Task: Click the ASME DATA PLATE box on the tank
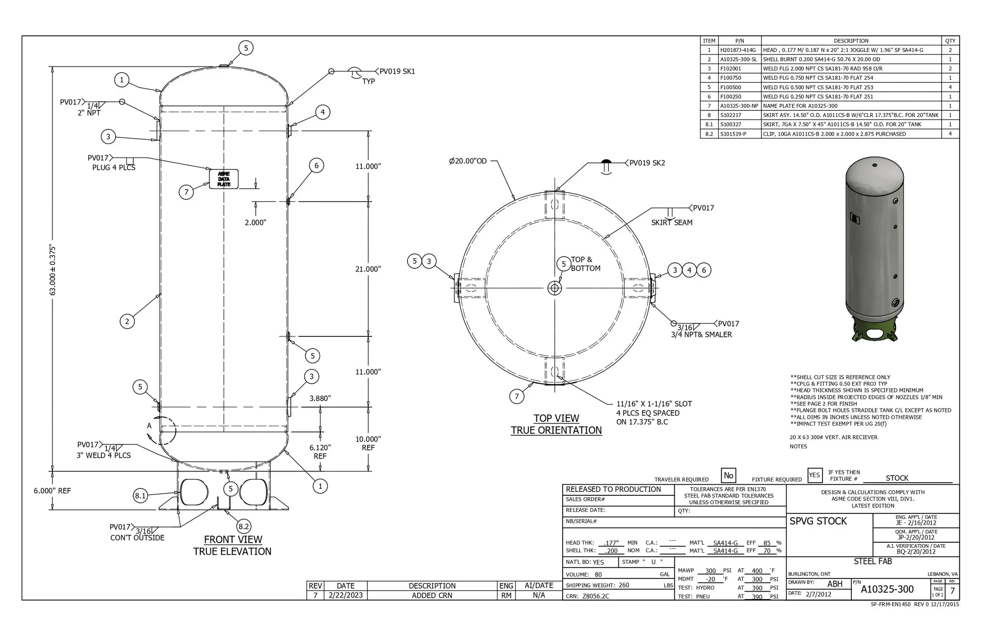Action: point(224,179)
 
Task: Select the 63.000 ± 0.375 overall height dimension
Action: point(53,269)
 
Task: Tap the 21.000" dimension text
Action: point(368,269)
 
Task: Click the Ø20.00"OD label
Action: point(468,161)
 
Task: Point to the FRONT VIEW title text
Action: point(233,540)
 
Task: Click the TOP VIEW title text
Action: point(556,419)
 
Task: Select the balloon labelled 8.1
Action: point(140,496)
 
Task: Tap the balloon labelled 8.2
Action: point(244,527)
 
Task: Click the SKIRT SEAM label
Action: point(671,222)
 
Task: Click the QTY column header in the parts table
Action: point(950,41)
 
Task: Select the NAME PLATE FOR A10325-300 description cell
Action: point(800,106)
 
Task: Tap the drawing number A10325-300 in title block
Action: point(887,590)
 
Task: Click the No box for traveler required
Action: point(728,476)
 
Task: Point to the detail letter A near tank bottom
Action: point(149,426)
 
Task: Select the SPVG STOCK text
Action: point(818,522)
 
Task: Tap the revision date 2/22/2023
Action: point(345,596)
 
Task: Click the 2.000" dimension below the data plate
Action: point(255,222)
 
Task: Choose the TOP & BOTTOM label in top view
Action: point(585,264)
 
